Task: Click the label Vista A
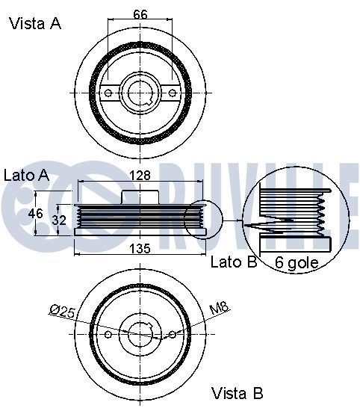pyautogui.click(x=34, y=23)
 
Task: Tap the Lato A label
pyautogui.click(x=27, y=176)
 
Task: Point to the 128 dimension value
pyautogui.click(x=140, y=176)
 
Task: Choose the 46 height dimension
pyautogui.click(x=34, y=214)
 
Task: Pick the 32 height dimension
pyautogui.click(x=61, y=220)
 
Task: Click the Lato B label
pyautogui.click(x=233, y=262)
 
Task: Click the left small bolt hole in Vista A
pyautogui.click(x=108, y=93)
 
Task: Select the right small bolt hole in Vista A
pyautogui.click(x=173, y=93)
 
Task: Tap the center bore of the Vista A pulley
pyautogui.click(x=140, y=92)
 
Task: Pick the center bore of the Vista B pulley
pyautogui.click(x=140, y=335)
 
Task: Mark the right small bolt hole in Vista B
pyautogui.click(x=173, y=334)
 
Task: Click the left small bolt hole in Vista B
pyautogui.click(x=108, y=334)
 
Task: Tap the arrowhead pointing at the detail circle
pyautogui.click(x=240, y=221)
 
